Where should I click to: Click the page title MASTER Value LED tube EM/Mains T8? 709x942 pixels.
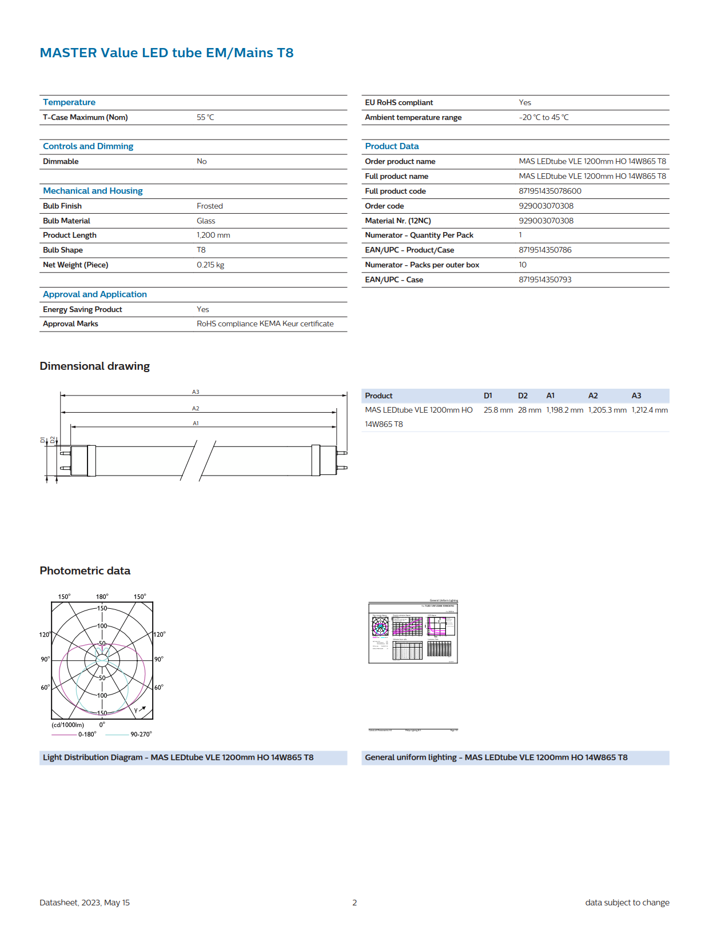point(166,53)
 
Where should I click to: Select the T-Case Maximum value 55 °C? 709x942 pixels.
point(205,117)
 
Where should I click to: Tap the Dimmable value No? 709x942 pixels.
point(202,161)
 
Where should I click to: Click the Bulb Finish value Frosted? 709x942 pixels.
point(210,206)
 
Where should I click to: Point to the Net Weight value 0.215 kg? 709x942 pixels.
point(210,265)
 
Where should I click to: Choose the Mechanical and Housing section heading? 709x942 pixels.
point(93,191)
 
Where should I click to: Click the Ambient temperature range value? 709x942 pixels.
point(543,117)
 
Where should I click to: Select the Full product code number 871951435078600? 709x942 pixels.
point(550,191)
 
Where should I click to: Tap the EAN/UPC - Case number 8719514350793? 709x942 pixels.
point(545,280)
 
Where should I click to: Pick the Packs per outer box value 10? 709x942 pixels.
point(523,265)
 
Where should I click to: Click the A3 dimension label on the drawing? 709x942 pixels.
point(196,392)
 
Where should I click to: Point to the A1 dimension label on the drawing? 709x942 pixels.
point(196,424)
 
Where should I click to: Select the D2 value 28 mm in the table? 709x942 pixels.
point(529,410)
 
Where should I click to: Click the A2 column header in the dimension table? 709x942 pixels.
point(593,396)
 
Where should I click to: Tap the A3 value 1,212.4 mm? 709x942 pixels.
point(650,410)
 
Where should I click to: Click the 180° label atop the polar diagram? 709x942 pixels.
point(102,597)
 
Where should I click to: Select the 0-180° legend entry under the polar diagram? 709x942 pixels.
point(87,735)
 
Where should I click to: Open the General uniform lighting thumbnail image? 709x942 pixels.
point(413,632)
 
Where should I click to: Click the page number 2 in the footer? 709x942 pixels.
point(354,903)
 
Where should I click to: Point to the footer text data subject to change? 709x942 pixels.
point(627,903)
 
